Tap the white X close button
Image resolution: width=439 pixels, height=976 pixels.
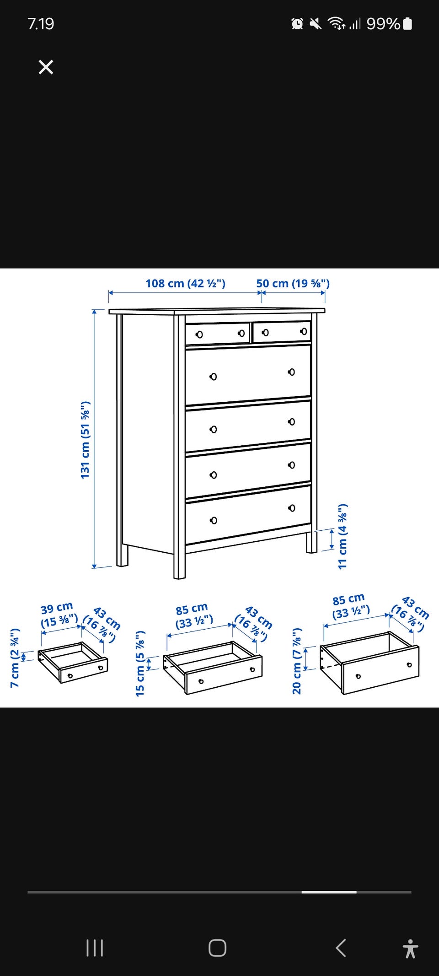pyautogui.click(x=46, y=67)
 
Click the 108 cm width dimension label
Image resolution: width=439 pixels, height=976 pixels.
pyautogui.click(x=185, y=283)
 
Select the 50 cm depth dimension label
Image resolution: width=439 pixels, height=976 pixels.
pyautogui.click(x=293, y=283)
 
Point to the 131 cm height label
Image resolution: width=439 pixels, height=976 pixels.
pyautogui.click(x=85, y=440)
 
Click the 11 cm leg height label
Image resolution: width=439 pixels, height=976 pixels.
pyautogui.click(x=343, y=536)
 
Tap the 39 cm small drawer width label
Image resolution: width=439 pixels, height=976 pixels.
pyautogui.click(x=59, y=615)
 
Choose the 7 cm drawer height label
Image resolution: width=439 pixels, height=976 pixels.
pyautogui.click(x=15, y=658)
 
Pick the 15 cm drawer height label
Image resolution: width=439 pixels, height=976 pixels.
pyautogui.click(x=140, y=663)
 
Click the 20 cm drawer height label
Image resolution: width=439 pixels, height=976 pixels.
pyautogui.click(x=297, y=661)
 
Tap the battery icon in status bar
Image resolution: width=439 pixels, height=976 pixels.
pyautogui.click(x=407, y=23)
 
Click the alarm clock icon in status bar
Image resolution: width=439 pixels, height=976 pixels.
pyautogui.click(x=297, y=23)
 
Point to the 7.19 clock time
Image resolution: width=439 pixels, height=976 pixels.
pyautogui.click(x=41, y=24)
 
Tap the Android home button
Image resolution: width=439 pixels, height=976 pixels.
pyautogui.click(x=217, y=948)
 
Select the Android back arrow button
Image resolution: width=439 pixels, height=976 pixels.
pyautogui.click(x=341, y=948)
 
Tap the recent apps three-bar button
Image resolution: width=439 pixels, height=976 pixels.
pyautogui.click(x=95, y=948)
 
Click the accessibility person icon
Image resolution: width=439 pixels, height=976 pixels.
pyautogui.click(x=411, y=949)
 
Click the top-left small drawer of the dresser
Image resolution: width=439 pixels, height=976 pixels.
pyautogui.click(x=218, y=334)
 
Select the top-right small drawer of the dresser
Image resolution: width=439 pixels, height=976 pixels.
pyautogui.click(x=282, y=331)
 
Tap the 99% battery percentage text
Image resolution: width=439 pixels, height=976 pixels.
pyautogui.click(x=383, y=23)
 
